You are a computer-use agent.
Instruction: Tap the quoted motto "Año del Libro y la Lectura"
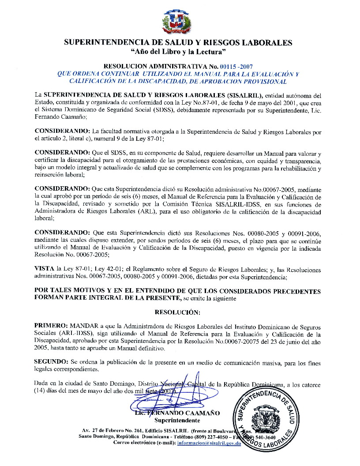point(179,53)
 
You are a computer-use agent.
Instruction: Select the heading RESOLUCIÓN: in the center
point(178,312)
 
